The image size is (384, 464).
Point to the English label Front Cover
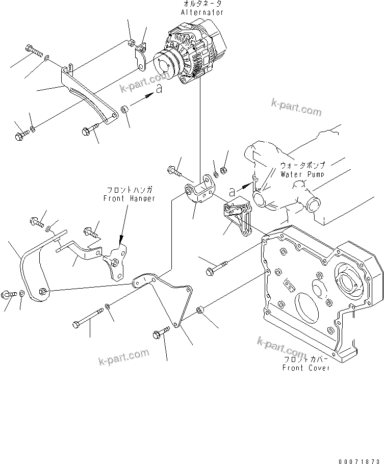coord(306,368)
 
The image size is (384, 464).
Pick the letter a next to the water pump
coord(233,192)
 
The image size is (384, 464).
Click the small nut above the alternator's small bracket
coord(131,41)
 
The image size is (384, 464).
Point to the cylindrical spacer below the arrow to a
coord(125,110)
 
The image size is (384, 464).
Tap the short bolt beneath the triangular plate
coord(158,334)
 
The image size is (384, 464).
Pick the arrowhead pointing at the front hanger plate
coord(121,238)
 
